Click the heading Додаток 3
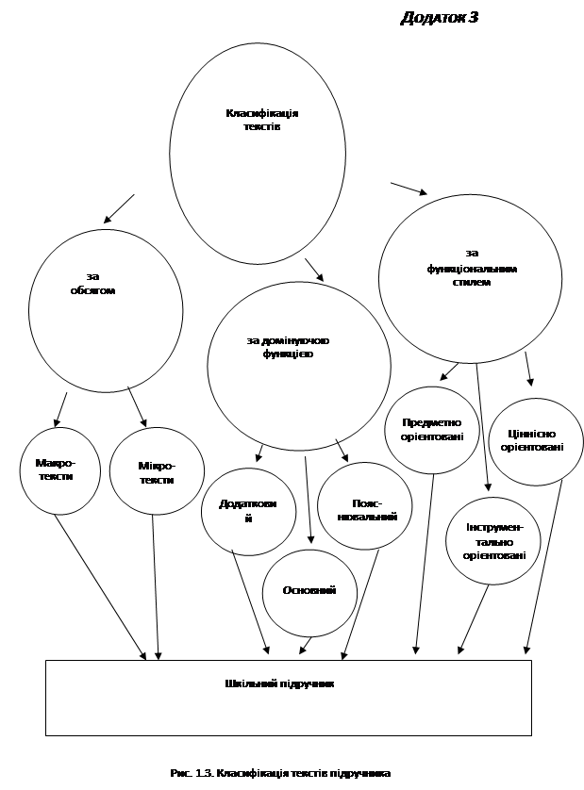pos(439,17)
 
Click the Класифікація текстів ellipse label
pos(261,120)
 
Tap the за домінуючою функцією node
pos(288,347)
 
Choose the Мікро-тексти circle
pos(157,472)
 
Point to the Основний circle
pos(309,590)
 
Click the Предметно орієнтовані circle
pos(432,430)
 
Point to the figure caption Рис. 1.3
pos(280,773)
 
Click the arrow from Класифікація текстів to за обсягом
pos(119,208)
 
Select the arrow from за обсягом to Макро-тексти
pos(60,409)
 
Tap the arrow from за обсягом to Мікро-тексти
pos(138,408)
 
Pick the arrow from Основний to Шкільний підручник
pos(305,645)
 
